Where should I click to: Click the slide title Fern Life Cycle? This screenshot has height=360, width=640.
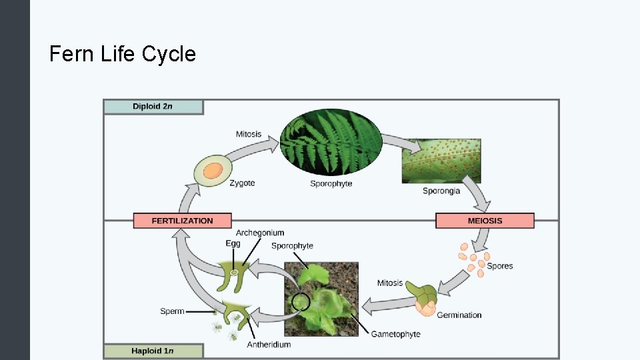pos(123,53)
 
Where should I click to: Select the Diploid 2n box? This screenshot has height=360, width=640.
pos(153,107)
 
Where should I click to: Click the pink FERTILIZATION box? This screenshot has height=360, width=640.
pos(182,221)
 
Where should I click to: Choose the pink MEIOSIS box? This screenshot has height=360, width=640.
pos(485,221)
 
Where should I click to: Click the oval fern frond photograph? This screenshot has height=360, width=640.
pos(331,142)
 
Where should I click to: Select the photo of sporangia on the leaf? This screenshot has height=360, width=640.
pos(441,161)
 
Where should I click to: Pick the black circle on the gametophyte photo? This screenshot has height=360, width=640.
pos(301,303)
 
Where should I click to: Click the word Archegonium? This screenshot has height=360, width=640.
pos(260,233)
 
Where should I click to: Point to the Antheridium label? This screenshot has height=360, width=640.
pos(269,345)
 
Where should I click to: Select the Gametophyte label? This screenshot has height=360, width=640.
pos(395,334)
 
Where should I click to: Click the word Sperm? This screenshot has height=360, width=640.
pos(172,311)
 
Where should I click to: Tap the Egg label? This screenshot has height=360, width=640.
pos(233,244)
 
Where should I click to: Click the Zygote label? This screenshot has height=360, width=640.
pos(242,183)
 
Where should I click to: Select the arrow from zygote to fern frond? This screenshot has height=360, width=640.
pos(257,145)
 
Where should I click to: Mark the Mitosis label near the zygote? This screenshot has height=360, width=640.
pos(249,134)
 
